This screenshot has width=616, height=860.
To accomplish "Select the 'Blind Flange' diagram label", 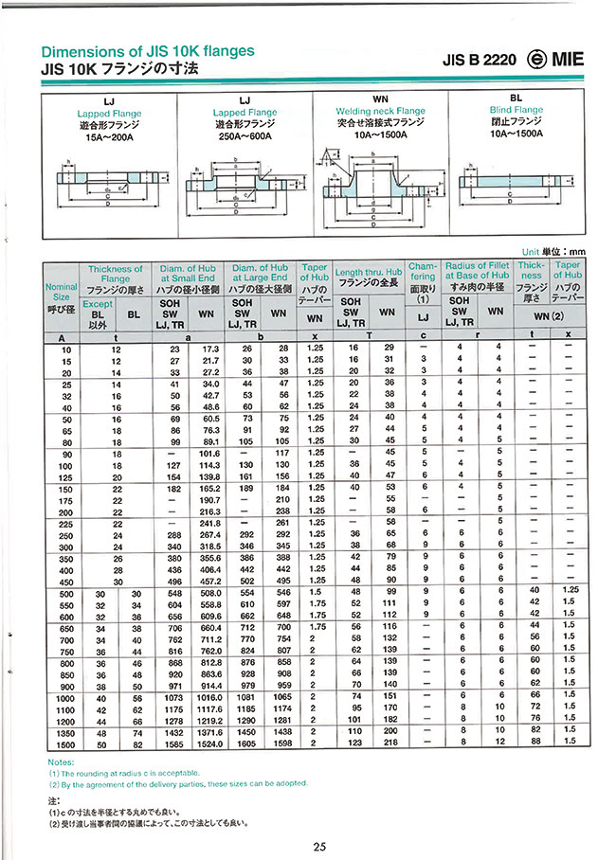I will [x=516, y=111].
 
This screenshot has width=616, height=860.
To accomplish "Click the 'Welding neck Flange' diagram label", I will [x=383, y=111].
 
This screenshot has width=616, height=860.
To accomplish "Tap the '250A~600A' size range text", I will [x=245, y=135].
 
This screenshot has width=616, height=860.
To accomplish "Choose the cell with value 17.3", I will [x=210, y=349].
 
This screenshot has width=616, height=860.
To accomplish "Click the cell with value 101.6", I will [x=209, y=453].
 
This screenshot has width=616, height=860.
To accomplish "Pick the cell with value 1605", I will [x=247, y=744].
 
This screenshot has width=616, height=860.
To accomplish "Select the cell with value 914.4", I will [x=209, y=683].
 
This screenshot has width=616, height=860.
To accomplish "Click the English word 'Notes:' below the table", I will [x=61, y=761].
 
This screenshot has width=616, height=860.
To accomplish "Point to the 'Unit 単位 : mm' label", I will [x=554, y=251].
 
